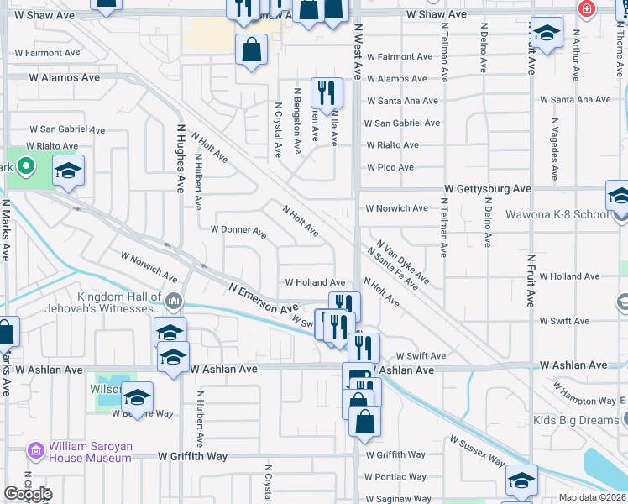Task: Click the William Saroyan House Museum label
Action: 89,451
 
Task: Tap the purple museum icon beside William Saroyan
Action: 35,451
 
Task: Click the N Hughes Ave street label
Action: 180,159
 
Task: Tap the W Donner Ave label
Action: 238,229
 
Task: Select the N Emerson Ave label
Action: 264,298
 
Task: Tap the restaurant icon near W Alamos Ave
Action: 325,92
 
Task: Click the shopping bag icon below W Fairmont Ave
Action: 251,50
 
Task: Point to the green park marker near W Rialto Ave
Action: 25,165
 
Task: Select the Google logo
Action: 28,494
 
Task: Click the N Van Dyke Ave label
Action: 403,261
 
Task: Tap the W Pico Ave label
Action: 389,167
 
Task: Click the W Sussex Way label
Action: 477,451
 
